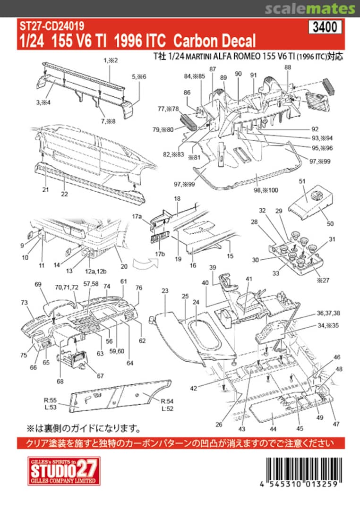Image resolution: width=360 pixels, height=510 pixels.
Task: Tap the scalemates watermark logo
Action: pyautogui.click(x=309, y=8)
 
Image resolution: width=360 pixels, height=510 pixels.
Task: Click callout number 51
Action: pyautogui.click(x=302, y=180)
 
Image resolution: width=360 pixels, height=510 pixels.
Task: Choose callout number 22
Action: pyautogui.click(x=65, y=194)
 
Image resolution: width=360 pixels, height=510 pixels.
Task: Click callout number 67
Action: pyautogui.click(x=100, y=376)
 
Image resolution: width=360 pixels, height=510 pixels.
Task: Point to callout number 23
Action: pyautogui.click(x=165, y=291)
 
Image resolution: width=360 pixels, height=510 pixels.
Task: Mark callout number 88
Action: pyautogui.click(x=288, y=68)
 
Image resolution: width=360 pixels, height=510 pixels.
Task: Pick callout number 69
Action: pyautogui.click(x=38, y=284)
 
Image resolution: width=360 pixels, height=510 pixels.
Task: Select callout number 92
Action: pyautogui.click(x=315, y=129)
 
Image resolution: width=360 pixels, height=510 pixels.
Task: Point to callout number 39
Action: pyautogui.click(x=213, y=268)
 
